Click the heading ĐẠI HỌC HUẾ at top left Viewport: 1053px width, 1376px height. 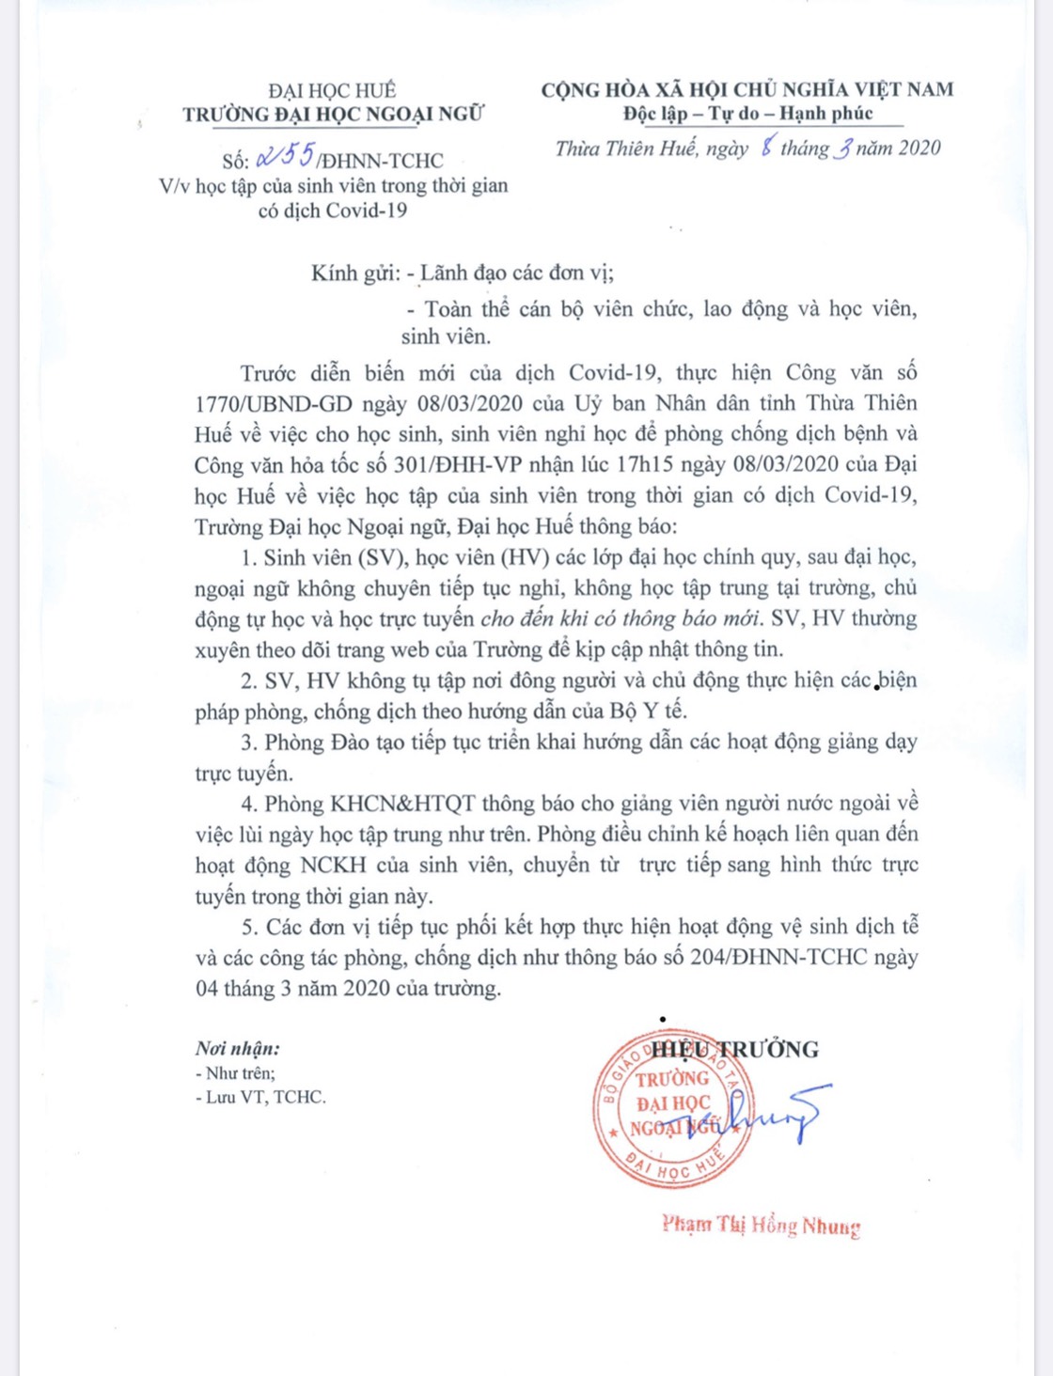tap(332, 90)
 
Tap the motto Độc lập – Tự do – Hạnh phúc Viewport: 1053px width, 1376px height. tap(748, 114)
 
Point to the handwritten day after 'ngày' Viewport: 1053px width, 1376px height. tap(766, 147)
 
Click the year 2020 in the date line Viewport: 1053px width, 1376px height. tap(919, 148)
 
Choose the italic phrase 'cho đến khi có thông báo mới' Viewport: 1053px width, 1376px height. tap(619, 619)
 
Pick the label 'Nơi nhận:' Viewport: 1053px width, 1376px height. tap(237, 1049)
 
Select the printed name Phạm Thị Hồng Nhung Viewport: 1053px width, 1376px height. tap(761, 1226)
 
